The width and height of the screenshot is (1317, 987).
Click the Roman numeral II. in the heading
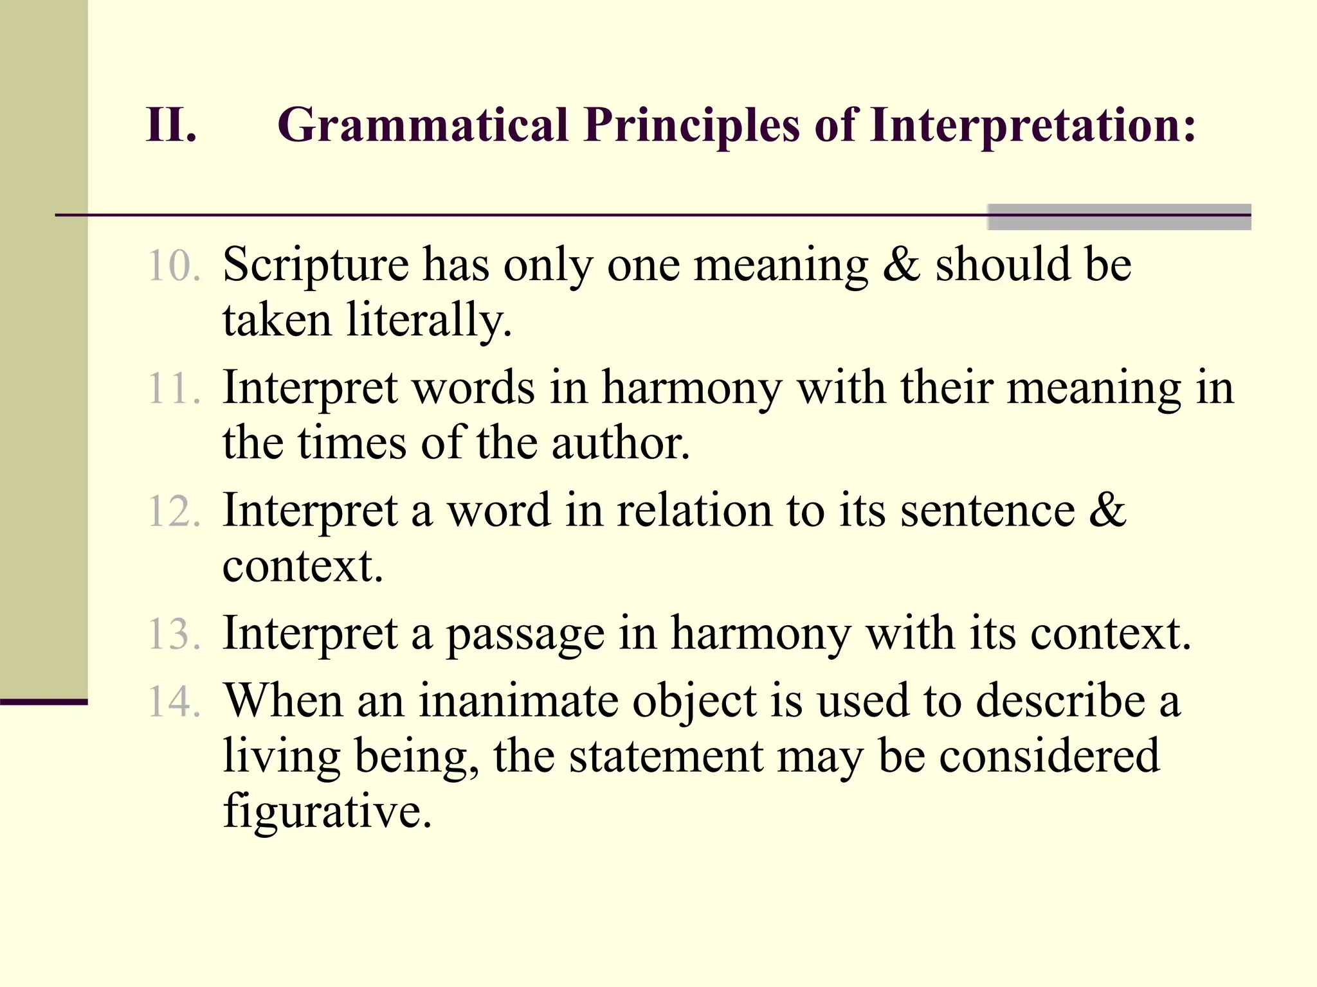pos(171,125)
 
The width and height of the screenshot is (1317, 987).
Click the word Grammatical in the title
pos(422,125)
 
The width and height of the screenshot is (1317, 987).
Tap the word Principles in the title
pos(692,125)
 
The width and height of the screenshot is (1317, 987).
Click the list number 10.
pos(174,266)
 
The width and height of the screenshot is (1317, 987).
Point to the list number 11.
pos(174,389)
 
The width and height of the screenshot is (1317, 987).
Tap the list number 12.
pos(174,512)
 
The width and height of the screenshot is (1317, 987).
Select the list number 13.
pos(174,634)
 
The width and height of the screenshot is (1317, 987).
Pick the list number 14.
pos(174,701)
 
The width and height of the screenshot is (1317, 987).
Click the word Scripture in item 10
pos(315,266)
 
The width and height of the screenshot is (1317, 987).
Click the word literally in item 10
pos(428,320)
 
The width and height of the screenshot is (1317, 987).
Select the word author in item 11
pos(620,443)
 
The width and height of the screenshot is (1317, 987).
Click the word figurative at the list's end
pos(326,812)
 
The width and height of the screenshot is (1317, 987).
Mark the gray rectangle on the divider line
pos(1119,217)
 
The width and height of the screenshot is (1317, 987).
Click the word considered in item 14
pos(1049,756)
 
